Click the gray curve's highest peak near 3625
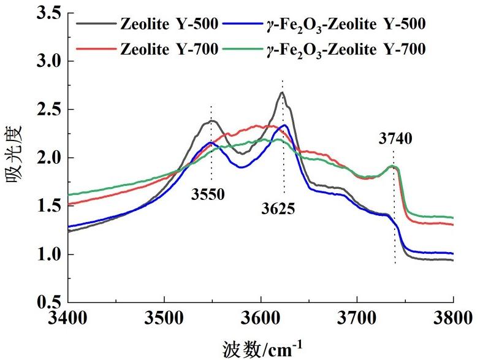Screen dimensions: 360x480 (282, 93)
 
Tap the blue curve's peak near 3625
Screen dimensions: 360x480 (285, 125)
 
